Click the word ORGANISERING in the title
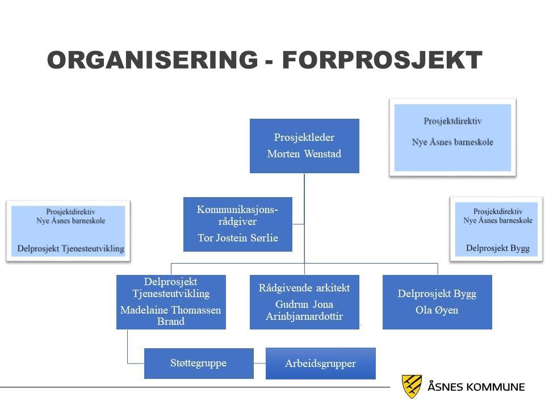click(x=153, y=60)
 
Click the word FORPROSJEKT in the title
click(x=382, y=60)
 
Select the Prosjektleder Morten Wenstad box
click(x=304, y=146)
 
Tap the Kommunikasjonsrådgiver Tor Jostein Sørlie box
click(x=238, y=224)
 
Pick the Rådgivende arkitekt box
click(x=304, y=302)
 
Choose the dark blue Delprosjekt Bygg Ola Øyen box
click(x=437, y=302)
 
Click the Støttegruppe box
click(x=199, y=364)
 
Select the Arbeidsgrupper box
click(x=320, y=364)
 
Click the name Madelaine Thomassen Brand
click(x=171, y=315)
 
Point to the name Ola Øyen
click(x=437, y=310)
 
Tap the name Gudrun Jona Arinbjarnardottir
click(x=304, y=310)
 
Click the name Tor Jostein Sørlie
click(x=238, y=238)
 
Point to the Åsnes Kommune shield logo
click(x=412, y=386)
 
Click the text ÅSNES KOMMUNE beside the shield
click(x=476, y=387)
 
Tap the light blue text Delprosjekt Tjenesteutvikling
click(x=71, y=249)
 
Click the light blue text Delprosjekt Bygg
click(x=498, y=248)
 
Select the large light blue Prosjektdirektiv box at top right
click(x=452, y=137)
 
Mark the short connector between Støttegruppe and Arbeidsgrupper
click(x=259, y=364)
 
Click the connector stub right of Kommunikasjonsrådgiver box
click(x=298, y=224)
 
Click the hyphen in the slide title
click(x=269, y=63)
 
